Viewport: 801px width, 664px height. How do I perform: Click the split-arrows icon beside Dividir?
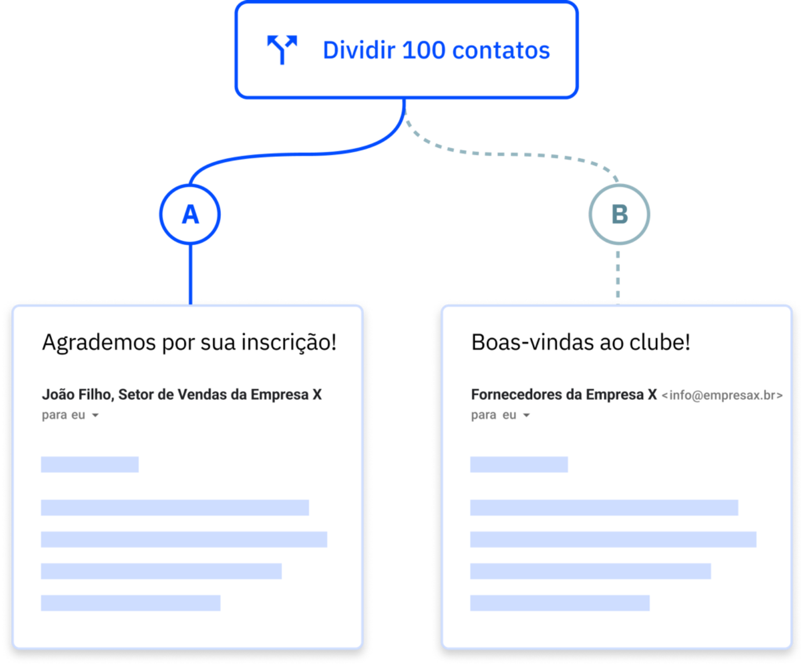pos(282,50)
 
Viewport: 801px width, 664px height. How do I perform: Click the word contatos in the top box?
pos(501,51)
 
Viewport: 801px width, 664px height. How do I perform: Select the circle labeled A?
pos(190,214)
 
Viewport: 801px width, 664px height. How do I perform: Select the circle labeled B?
pos(619,214)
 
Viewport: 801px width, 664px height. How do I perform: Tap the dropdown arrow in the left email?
pos(96,415)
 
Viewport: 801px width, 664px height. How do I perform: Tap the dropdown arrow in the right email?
pos(526,415)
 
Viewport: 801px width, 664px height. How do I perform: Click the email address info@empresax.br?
pos(722,395)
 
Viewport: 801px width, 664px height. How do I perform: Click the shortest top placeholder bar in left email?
pos(90,464)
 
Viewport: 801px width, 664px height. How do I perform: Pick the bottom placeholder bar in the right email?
pos(559,603)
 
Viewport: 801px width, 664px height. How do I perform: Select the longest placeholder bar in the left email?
pos(184,539)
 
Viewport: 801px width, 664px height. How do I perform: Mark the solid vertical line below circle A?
pos(191,273)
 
